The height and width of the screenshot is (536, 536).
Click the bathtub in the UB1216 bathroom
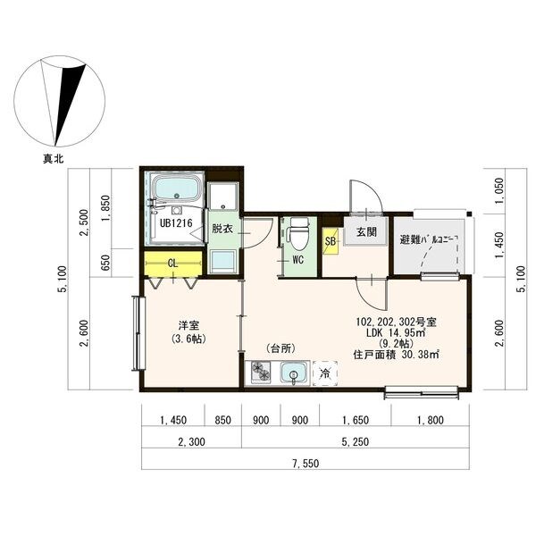click(177, 188)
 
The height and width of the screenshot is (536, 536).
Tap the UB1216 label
click(176, 223)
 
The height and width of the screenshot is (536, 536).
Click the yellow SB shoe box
click(331, 241)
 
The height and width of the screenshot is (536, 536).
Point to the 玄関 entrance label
click(366, 231)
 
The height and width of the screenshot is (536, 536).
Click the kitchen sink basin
click(293, 373)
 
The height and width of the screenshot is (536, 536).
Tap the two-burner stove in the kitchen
click(261, 373)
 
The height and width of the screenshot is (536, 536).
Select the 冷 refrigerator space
click(324, 373)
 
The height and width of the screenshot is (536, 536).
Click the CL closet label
click(173, 264)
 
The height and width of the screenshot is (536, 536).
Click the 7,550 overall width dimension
click(306, 463)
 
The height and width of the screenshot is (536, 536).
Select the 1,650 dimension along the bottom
click(356, 420)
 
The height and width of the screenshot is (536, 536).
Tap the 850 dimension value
click(222, 420)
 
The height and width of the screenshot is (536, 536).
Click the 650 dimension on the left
click(106, 263)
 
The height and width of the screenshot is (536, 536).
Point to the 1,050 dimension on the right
click(500, 191)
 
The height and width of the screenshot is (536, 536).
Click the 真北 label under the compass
click(53, 159)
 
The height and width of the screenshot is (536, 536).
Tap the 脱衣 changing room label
click(222, 229)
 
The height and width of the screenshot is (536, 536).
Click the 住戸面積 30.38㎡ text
click(396, 355)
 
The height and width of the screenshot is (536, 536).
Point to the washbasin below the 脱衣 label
click(222, 261)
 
